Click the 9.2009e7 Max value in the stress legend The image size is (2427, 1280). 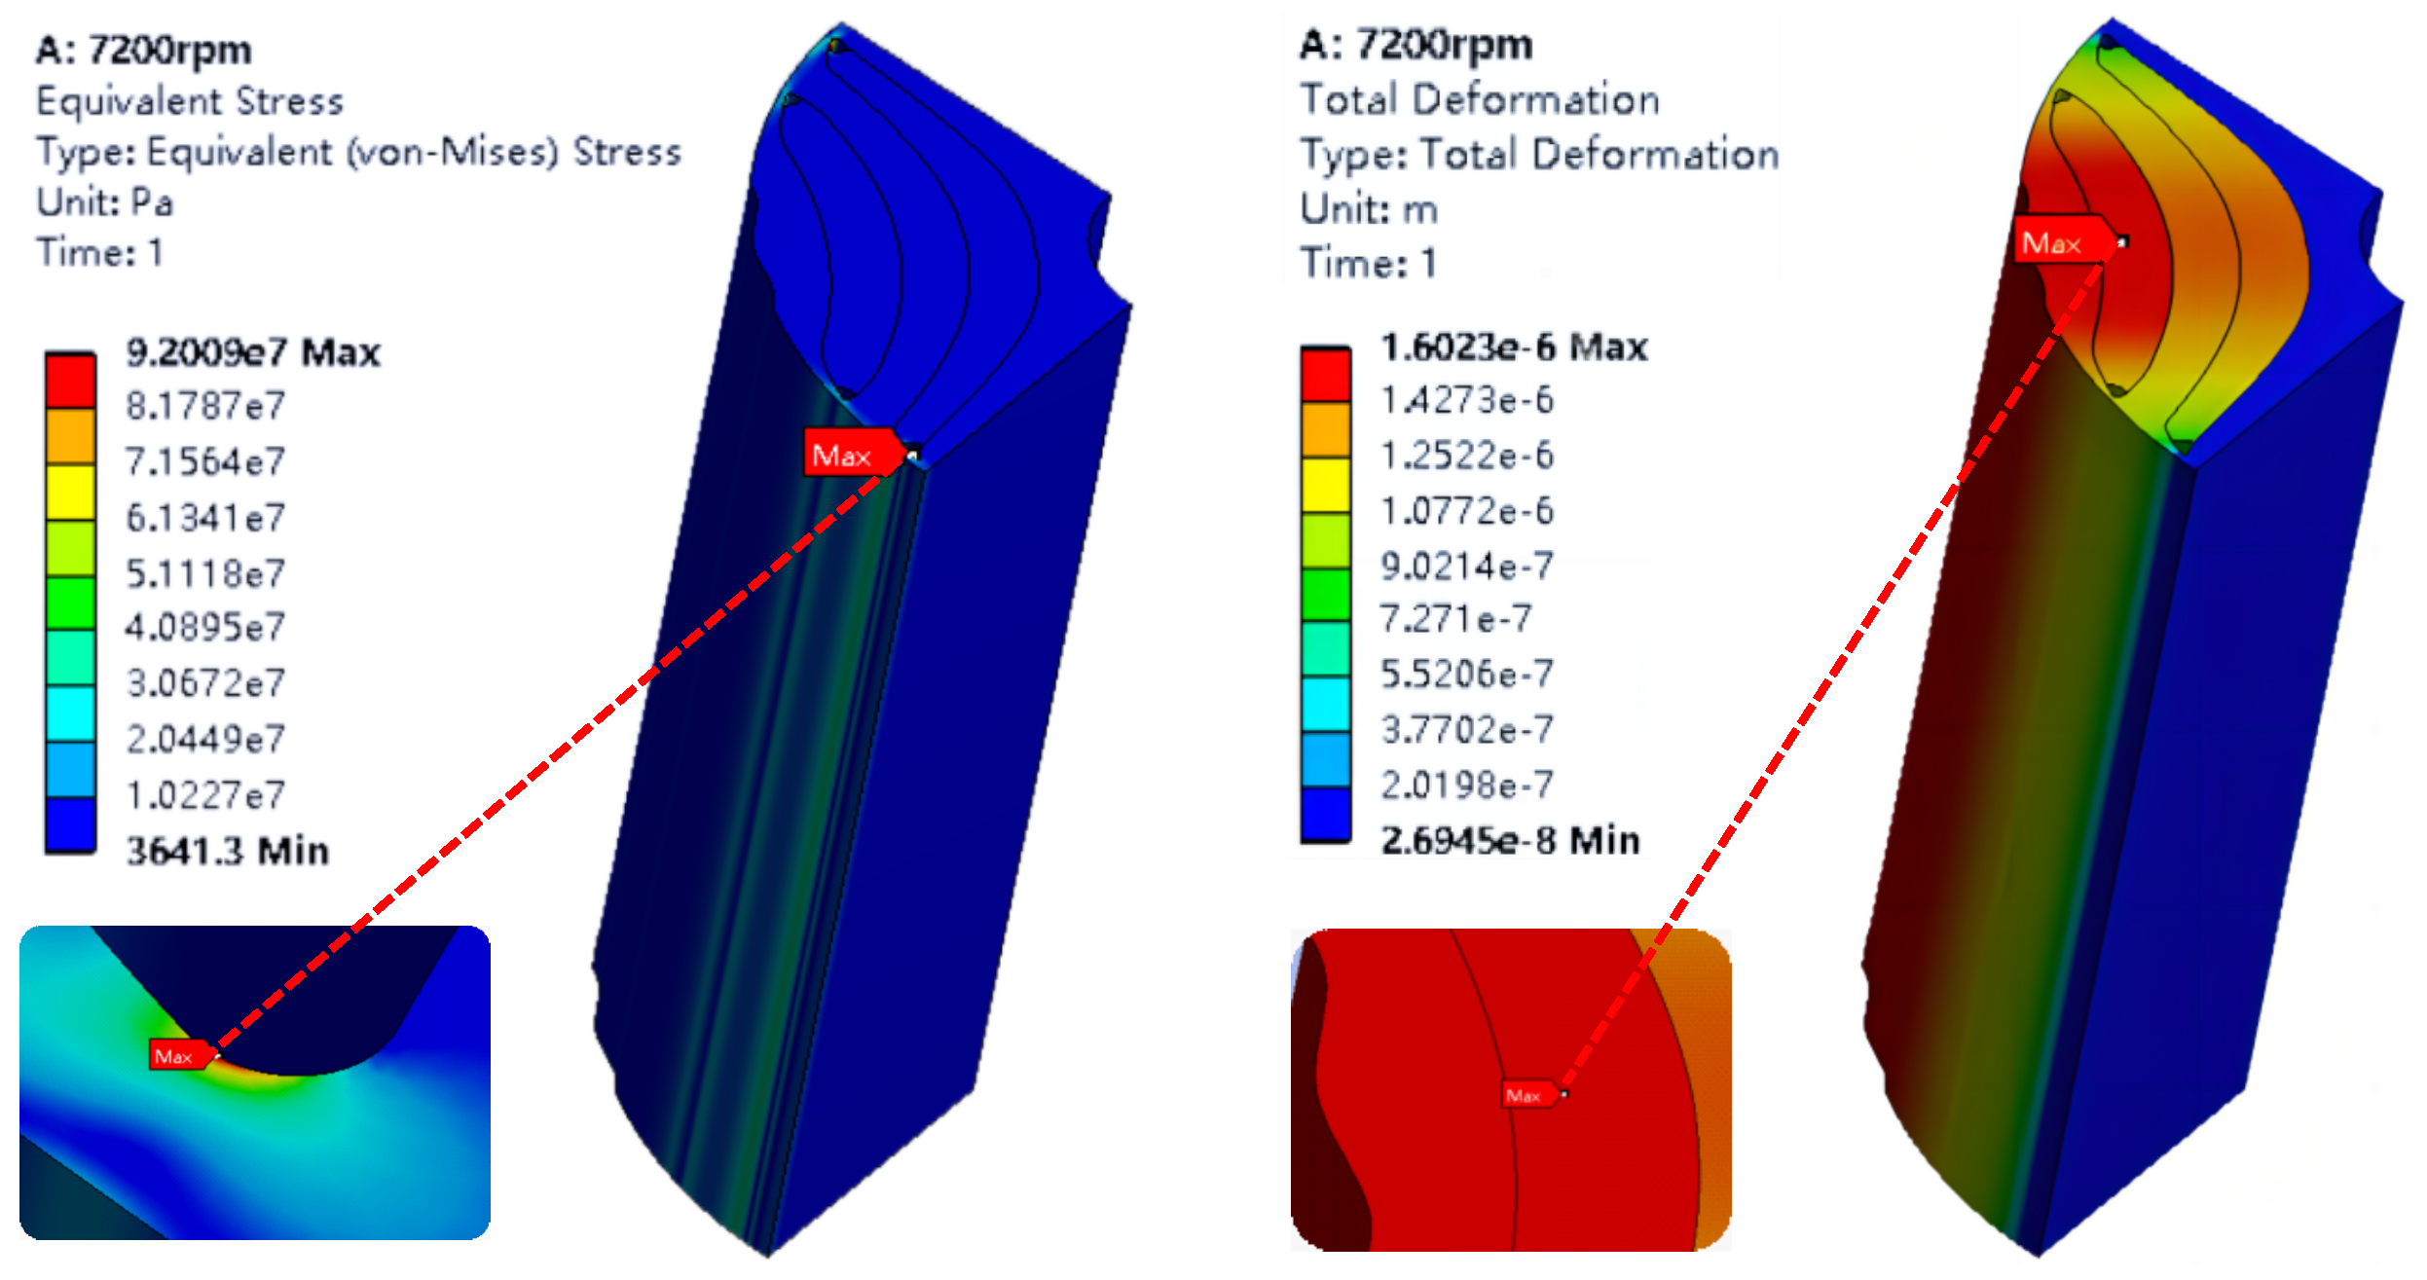pos(253,352)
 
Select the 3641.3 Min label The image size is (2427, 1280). pos(228,851)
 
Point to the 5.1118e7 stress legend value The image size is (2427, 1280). pos(205,573)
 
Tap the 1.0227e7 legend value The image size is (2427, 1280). pos(205,795)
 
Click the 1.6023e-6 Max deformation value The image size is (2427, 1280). pos(1514,347)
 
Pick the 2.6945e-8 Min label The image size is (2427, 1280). pos(1510,839)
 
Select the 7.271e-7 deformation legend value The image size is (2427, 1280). pos(1456,618)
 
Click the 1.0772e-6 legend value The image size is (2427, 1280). pos(1467,510)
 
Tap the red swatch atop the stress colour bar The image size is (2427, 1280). pos(70,381)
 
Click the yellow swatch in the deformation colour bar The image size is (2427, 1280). pos(1326,485)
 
